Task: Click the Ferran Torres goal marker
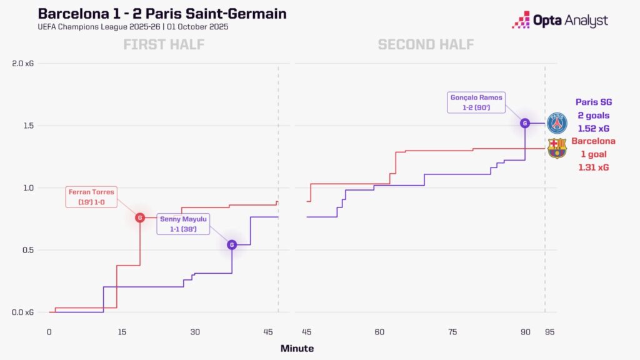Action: click(140, 217)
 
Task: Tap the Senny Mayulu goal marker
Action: click(232, 244)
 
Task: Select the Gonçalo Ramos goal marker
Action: click(525, 123)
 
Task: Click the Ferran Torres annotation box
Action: click(92, 197)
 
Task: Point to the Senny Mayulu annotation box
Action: click(184, 224)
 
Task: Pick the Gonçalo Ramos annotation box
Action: click(476, 102)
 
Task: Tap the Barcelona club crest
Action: click(556, 149)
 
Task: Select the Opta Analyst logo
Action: click(559, 21)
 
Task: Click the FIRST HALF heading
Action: click(164, 44)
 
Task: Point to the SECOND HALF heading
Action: click(426, 44)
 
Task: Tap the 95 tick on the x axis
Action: click(549, 332)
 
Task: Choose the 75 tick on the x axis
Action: click(452, 332)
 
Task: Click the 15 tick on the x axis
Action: click(122, 332)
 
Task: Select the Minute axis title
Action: click(297, 348)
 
